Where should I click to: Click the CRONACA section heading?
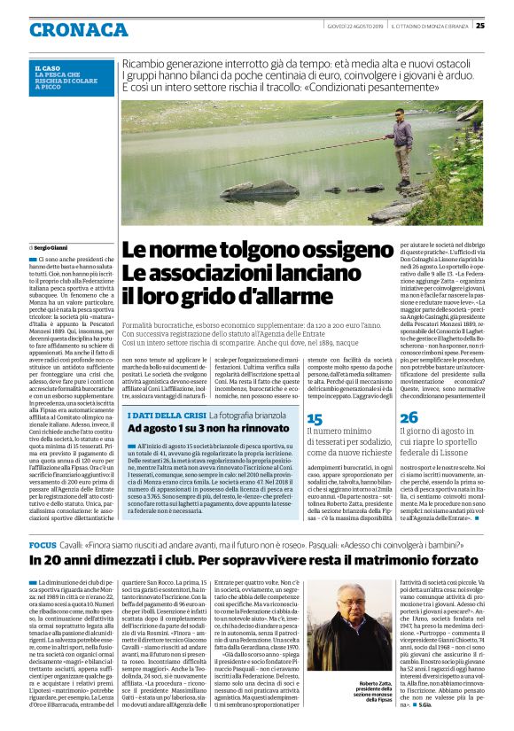point(78,29)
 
